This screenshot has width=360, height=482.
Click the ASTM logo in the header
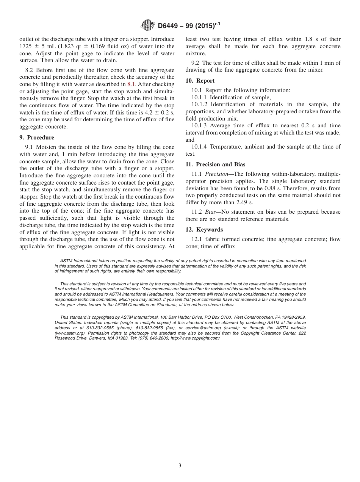[x=147, y=26]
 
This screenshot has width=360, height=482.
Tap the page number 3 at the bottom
[x=180, y=466]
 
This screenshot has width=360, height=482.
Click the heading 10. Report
[x=200, y=81]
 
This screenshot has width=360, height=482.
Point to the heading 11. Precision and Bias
[x=215, y=164]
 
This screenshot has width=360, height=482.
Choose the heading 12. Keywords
[x=204, y=230]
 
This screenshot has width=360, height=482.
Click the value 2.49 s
[x=244, y=203]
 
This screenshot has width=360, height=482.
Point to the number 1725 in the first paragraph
[x=26, y=46]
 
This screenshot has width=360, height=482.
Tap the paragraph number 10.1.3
[x=199, y=125]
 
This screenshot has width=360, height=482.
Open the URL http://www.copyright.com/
[x=195, y=338]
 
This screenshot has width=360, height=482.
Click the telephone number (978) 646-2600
[x=153, y=338]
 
